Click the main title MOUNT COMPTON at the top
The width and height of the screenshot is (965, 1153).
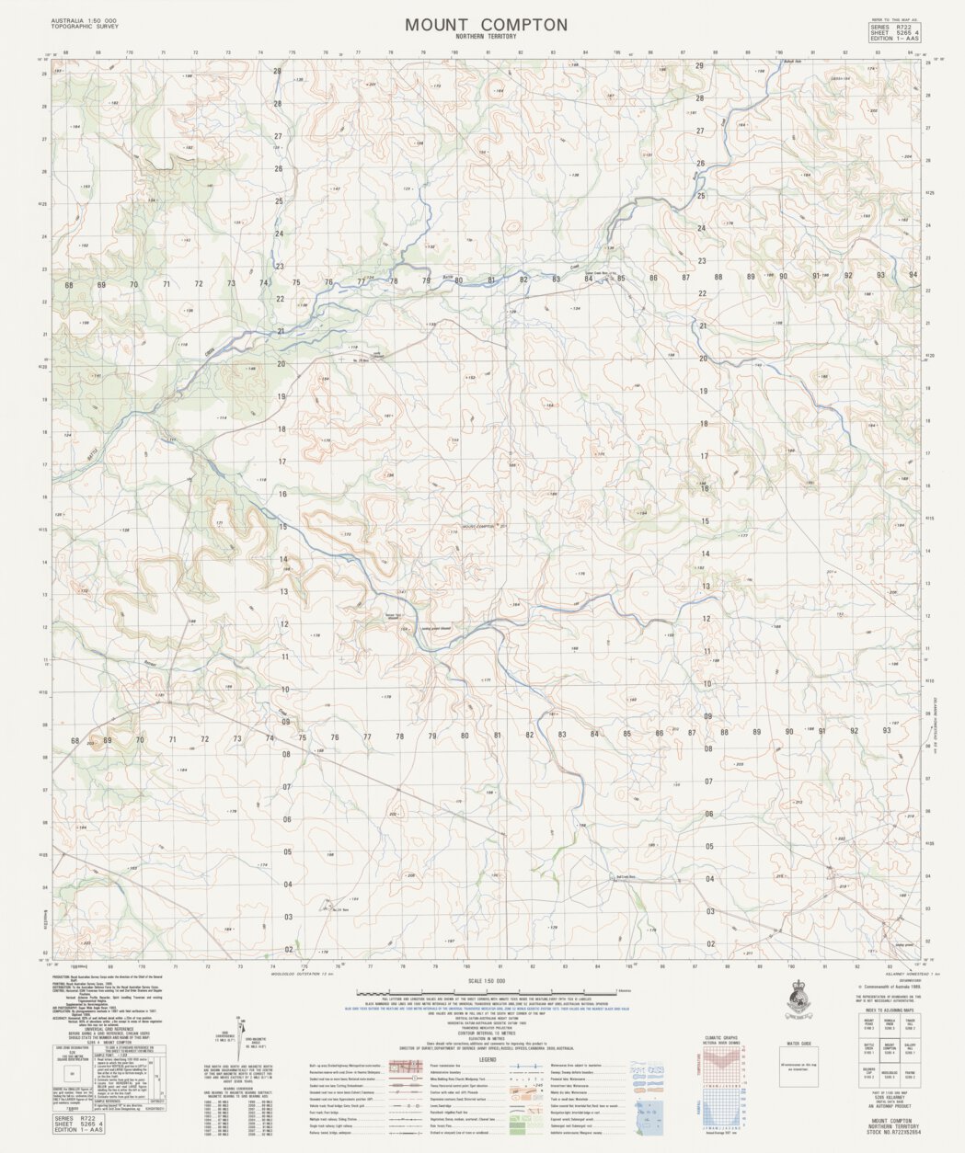pyautogui.click(x=486, y=25)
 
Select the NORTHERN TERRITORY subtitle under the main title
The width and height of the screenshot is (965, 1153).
pyautogui.click(x=486, y=36)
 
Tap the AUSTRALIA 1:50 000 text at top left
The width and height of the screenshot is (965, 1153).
pyautogui.click(x=84, y=20)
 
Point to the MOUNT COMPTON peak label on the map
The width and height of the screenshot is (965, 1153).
pyautogui.click(x=478, y=527)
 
